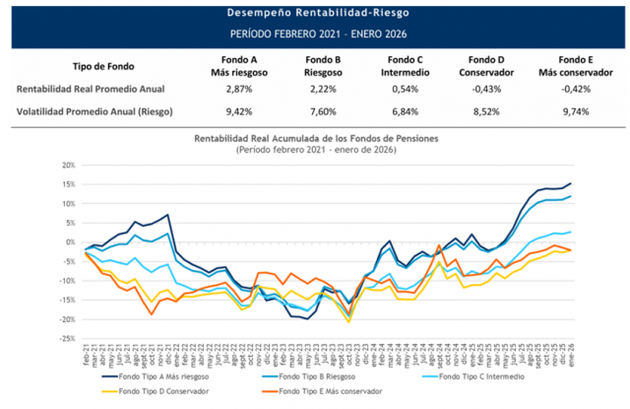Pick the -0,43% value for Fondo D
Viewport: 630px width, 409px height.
click(479, 89)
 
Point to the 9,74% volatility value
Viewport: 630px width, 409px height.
click(564, 111)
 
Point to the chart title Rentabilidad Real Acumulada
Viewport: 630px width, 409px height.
click(314, 139)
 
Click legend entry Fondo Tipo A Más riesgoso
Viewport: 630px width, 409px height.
click(157, 375)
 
